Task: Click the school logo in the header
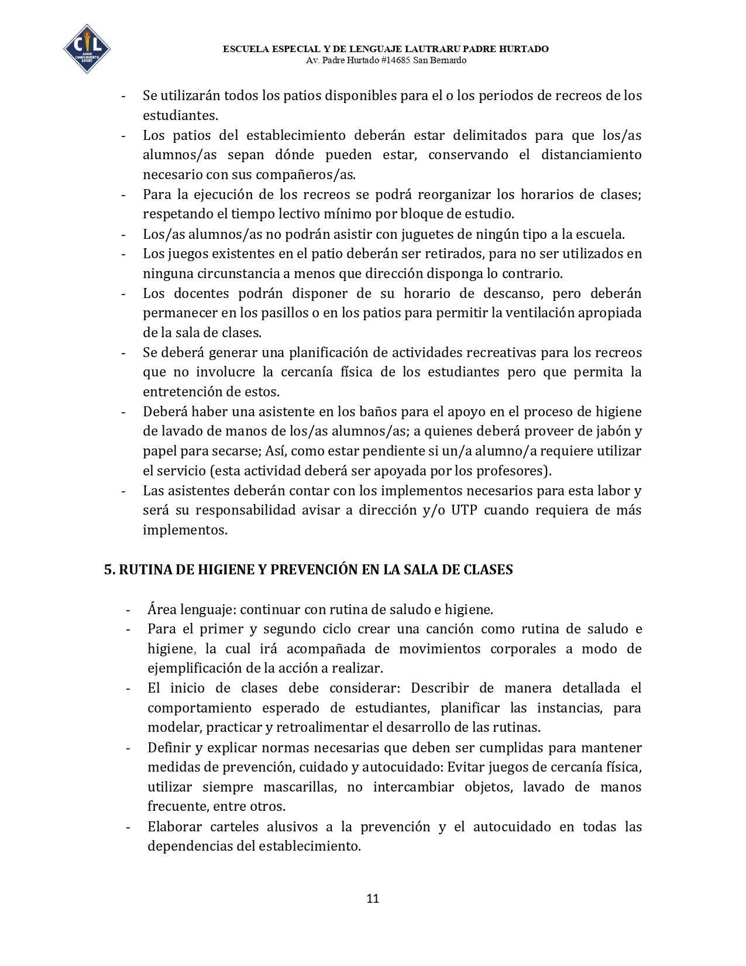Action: point(87,49)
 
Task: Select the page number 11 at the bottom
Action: point(373,899)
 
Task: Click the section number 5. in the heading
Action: point(110,570)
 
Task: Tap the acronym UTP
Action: point(464,510)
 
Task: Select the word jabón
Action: point(616,431)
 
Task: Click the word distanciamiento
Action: point(591,155)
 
